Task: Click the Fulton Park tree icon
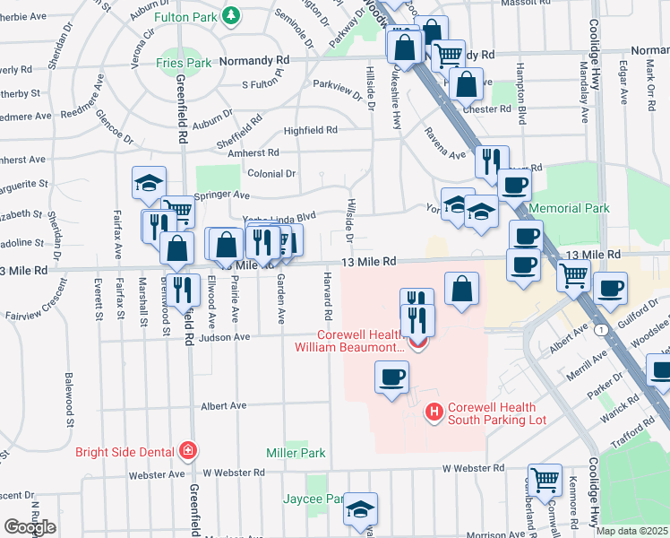(231, 16)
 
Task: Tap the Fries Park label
(184, 63)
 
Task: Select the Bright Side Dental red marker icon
(187, 450)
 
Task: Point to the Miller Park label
(296, 453)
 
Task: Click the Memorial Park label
(569, 208)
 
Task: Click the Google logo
(30, 527)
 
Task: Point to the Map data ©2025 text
(631, 531)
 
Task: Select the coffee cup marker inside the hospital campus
(391, 377)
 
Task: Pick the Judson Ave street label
(230, 337)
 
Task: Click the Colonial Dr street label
(271, 173)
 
